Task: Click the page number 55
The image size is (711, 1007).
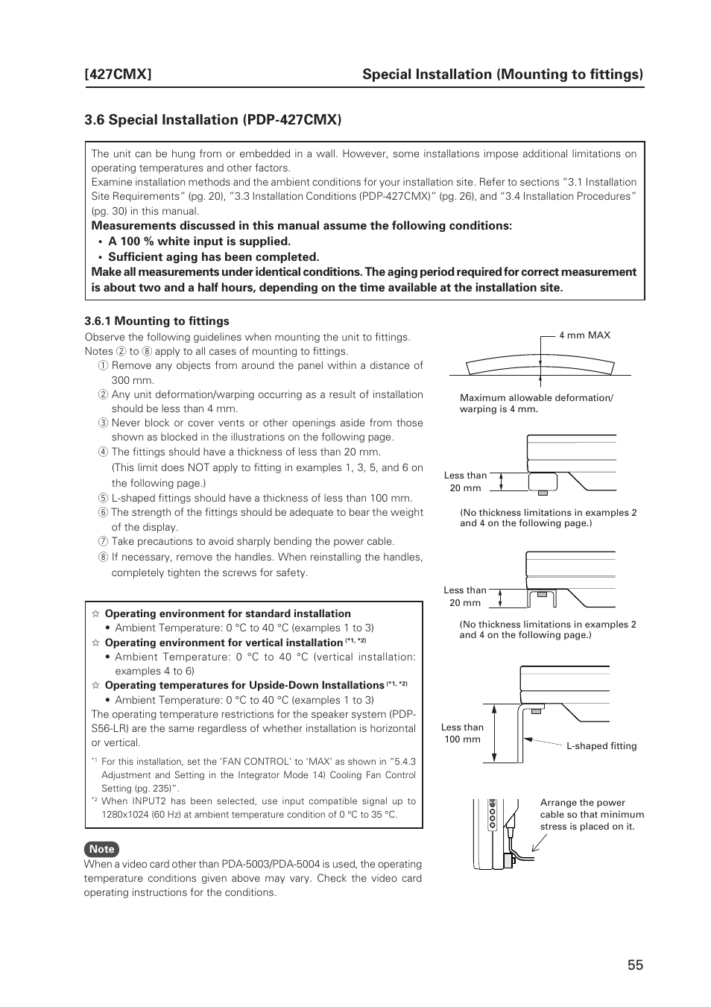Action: tap(634, 965)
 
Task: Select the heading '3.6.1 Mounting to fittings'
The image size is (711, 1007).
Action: tap(157, 321)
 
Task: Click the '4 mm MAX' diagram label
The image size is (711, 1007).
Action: tap(584, 335)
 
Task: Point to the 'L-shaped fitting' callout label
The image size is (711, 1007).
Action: tap(601, 746)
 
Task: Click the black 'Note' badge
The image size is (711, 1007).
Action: tap(101, 849)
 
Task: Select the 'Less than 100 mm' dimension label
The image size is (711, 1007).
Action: tap(462, 733)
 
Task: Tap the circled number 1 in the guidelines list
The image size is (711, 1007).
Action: tap(104, 366)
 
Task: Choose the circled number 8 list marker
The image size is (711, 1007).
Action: tap(104, 558)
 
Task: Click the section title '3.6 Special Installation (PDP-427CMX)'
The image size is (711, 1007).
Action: tap(212, 120)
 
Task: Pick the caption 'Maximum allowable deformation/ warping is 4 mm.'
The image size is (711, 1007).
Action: tap(536, 403)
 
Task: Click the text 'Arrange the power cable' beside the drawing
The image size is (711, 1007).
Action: tap(582, 803)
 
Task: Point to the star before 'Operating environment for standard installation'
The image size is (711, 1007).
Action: tap(95, 614)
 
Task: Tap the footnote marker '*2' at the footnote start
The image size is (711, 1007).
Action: tap(95, 800)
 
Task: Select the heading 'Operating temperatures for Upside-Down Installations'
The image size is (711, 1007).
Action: tap(244, 686)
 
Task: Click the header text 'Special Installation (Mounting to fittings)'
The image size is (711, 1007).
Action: tap(502, 74)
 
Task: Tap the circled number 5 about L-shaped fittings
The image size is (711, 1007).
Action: tap(104, 499)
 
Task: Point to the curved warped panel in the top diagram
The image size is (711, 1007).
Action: tap(540, 367)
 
